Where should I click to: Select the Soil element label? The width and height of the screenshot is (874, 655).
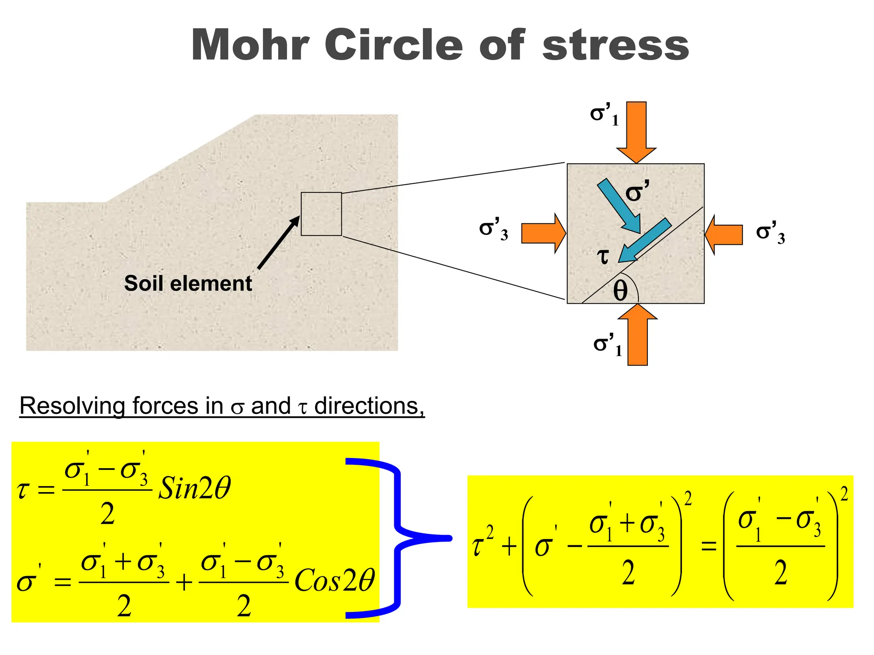coord(188,284)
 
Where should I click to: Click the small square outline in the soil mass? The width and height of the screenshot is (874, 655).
coord(321,214)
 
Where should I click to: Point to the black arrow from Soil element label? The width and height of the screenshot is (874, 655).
coord(278,243)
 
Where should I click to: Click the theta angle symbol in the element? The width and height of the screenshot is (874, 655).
coord(620,292)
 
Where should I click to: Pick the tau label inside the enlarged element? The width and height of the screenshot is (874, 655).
coord(603,256)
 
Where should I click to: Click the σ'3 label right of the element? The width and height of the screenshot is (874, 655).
coord(770,233)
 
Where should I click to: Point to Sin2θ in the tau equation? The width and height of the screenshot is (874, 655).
coord(195,488)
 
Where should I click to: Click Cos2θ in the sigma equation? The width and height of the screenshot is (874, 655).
coord(335,580)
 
